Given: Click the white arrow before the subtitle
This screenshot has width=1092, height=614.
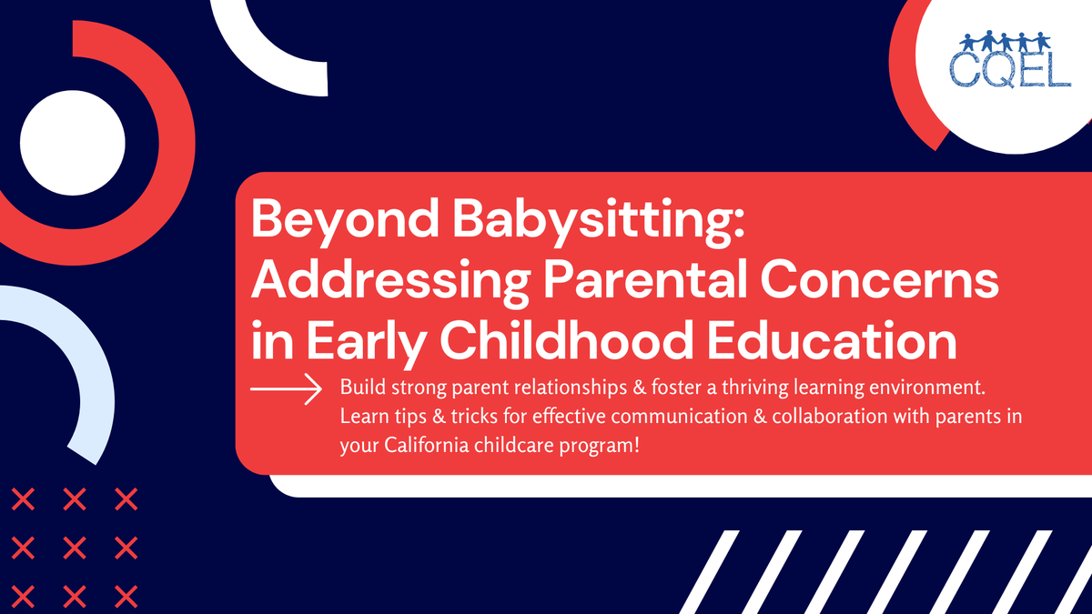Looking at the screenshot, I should (x=287, y=388).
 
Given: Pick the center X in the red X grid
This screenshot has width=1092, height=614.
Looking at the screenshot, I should (x=76, y=547).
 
